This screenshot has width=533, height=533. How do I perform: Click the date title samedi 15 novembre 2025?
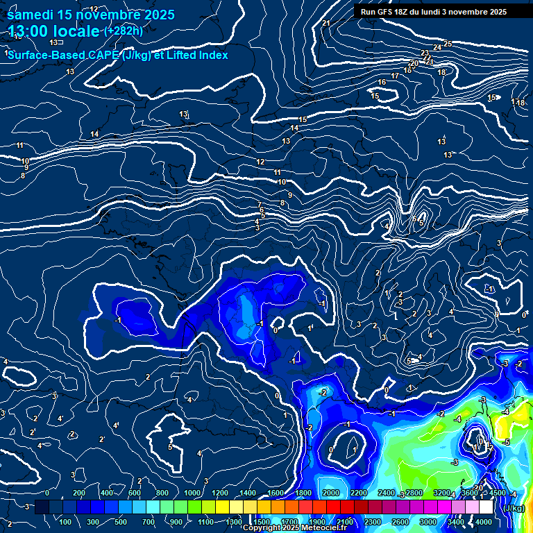pos(91,15)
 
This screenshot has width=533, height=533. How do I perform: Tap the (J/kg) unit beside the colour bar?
pos(514,508)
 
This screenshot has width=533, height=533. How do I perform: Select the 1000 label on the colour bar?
pos(192,493)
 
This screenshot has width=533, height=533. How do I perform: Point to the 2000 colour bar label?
pos(331,493)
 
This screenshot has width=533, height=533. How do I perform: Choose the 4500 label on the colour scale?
pos(498,493)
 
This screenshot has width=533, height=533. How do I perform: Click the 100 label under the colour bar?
pos(66,522)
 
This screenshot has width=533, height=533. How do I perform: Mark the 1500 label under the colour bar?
pos(262,522)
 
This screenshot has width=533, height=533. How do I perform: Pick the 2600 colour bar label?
pos(400,522)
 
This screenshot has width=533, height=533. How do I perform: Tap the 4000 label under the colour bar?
pos(484,522)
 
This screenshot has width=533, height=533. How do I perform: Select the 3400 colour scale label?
pos(456,522)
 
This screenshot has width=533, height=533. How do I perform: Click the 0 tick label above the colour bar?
pos(47,493)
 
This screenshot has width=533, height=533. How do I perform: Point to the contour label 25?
pos(448,44)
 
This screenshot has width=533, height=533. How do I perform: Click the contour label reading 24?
pos(437,47)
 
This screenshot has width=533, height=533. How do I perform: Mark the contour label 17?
pos(395,76)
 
